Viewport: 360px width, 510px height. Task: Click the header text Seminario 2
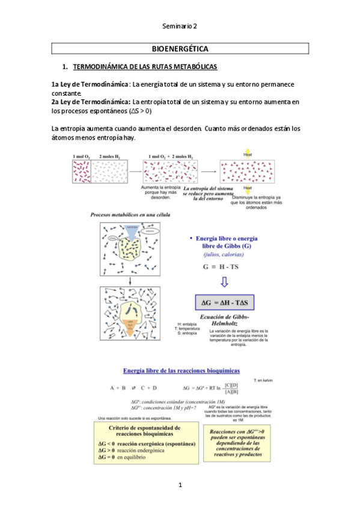point(180,26)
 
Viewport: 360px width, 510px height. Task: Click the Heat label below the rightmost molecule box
point(248,188)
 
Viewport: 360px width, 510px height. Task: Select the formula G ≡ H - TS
point(225,265)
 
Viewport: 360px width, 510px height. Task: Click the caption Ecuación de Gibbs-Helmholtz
point(224,320)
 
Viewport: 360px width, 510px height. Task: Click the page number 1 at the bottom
point(180,485)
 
